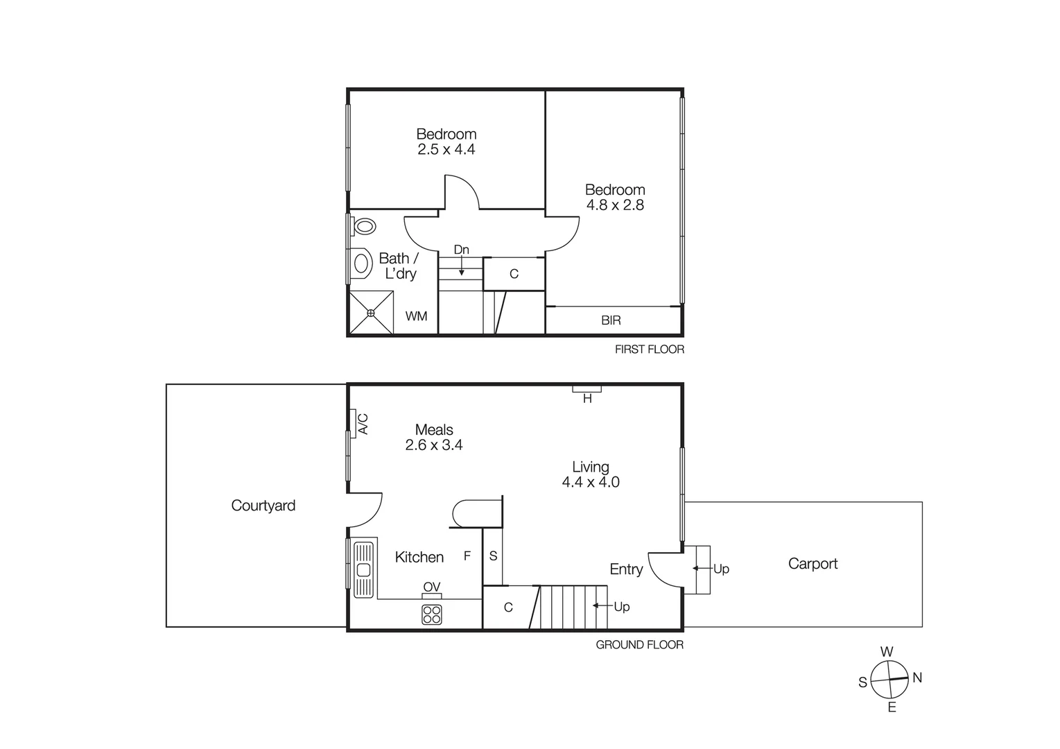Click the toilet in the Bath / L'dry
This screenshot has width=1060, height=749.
pos(363,226)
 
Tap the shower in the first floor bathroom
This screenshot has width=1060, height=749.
pos(371,313)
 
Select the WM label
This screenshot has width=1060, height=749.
pos(416,316)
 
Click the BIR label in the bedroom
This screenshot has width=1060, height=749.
pos(611,320)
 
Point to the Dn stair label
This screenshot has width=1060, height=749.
pos(461,250)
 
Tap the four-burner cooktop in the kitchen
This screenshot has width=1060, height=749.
pos(432,614)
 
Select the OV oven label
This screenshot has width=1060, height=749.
pos(431,587)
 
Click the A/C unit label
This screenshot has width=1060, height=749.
pos(363,424)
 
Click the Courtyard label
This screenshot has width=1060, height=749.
pos(263,506)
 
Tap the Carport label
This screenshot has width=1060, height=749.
pos(813,564)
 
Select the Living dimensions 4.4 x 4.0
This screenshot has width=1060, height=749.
pos(591,482)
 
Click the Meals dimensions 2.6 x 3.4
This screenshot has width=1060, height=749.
pos(434,445)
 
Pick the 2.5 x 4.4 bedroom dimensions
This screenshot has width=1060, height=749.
pos(446,149)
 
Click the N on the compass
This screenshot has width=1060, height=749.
pos(917,678)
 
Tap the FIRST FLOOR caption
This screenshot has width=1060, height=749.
pos(649,350)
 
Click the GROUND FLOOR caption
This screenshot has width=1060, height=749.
pos(639,645)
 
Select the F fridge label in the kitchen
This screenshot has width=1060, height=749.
pos(467,556)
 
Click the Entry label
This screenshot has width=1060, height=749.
pos(626,569)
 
